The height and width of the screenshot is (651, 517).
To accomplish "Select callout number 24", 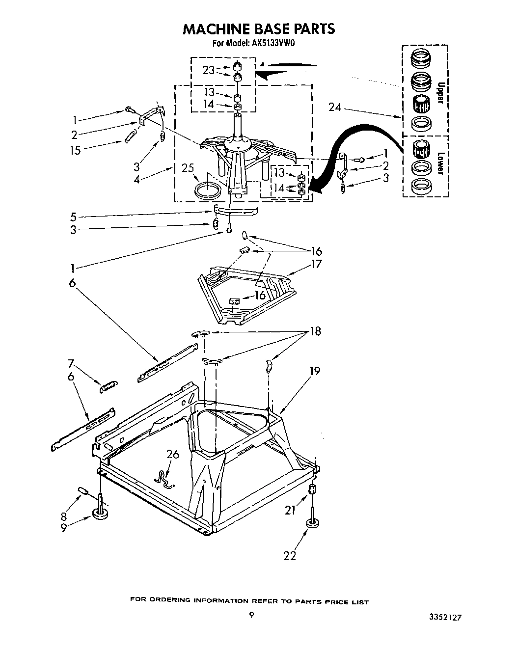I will [334, 107].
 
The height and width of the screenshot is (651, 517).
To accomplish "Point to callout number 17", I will [316, 264].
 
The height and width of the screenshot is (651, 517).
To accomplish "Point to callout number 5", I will [73, 217].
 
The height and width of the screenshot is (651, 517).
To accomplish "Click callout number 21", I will [290, 510].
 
